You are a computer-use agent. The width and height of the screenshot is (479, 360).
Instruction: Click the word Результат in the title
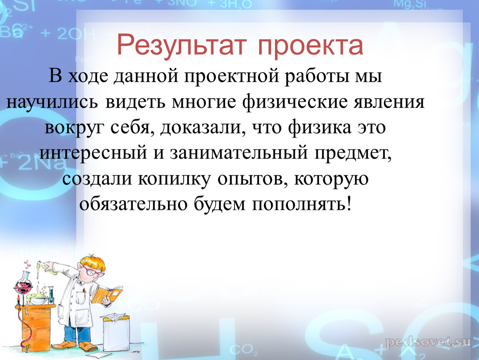[182, 45]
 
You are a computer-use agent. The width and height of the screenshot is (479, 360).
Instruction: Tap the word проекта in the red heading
[311, 46]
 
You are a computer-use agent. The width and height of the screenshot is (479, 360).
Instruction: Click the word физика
[319, 127]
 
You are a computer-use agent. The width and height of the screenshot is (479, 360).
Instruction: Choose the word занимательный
[239, 153]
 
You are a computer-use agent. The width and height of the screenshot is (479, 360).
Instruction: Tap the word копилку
[174, 179]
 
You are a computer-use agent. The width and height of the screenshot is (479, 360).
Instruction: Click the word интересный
[93, 153]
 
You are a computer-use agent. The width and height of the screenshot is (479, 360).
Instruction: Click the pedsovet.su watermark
[428, 342]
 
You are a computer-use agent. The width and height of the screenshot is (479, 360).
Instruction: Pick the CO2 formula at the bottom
[244, 350]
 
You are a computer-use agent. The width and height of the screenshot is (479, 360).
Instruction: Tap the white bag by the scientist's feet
[116, 332]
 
